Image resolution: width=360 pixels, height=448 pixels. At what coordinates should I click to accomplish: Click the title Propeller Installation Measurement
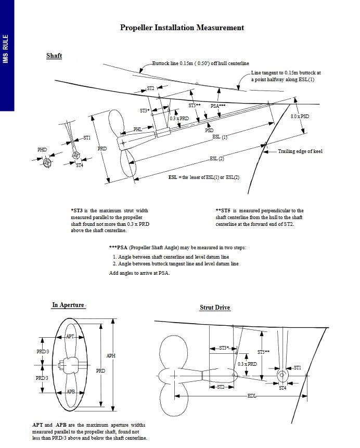point(182,28)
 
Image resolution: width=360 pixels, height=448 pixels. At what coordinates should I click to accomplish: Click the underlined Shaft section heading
point(54,56)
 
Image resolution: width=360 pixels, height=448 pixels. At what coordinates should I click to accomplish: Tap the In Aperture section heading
point(68,305)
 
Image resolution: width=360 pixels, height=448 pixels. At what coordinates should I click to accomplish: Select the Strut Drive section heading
point(215,308)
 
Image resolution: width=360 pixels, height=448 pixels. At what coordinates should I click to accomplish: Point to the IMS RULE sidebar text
point(6,49)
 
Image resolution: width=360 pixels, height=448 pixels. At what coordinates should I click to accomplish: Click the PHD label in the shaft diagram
point(42,150)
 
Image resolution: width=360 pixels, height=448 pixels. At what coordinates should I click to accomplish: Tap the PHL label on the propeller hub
point(137,129)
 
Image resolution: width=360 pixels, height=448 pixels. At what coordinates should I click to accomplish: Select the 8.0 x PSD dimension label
point(300,117)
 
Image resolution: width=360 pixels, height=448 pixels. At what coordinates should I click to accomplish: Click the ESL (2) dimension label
point(217,158)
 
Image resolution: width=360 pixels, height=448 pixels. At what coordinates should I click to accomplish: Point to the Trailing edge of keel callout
point(300,151)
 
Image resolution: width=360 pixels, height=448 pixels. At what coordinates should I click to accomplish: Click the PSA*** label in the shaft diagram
point(218,106)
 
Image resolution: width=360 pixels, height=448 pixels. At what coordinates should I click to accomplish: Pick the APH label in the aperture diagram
point(111,356)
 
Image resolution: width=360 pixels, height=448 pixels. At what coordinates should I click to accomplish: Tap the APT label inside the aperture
point(70,337)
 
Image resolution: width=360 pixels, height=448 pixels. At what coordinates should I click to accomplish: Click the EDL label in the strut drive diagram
point(251,396)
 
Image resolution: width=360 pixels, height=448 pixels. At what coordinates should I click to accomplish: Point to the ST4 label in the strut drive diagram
point(282,388)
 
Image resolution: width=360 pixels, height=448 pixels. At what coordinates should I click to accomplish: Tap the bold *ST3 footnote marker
point(78,211)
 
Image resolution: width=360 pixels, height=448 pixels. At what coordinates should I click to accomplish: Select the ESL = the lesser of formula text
point(204,177)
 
